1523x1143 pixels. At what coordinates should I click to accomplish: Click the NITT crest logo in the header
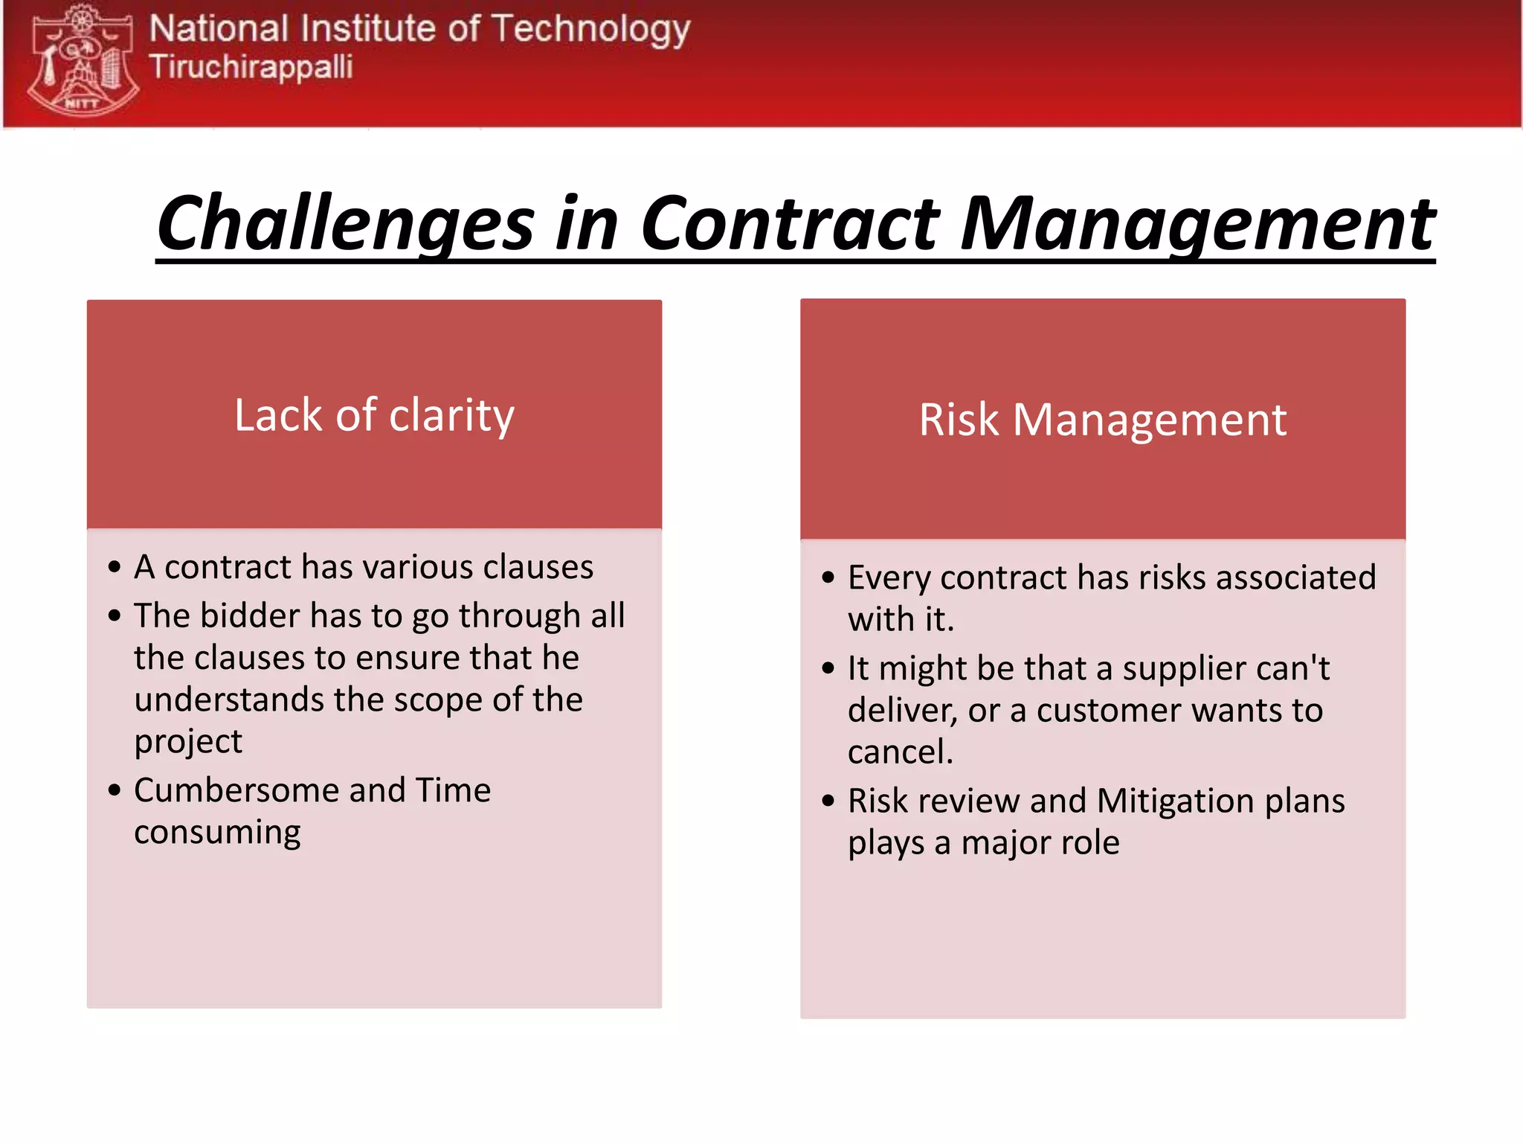pos(83,60)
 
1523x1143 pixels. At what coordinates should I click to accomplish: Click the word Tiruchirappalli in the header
pos(251,67)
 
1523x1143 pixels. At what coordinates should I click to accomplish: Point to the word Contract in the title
pos(790,222)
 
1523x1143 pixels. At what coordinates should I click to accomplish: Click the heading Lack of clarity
pos(374,415)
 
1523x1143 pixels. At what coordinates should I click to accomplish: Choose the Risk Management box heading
pos(1103,420)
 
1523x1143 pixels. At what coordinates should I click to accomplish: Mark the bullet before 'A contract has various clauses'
pos(114,568)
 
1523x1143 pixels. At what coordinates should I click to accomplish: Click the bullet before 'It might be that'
pos(828,669)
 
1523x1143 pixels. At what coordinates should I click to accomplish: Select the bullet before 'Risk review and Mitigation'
pos(828,801)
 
